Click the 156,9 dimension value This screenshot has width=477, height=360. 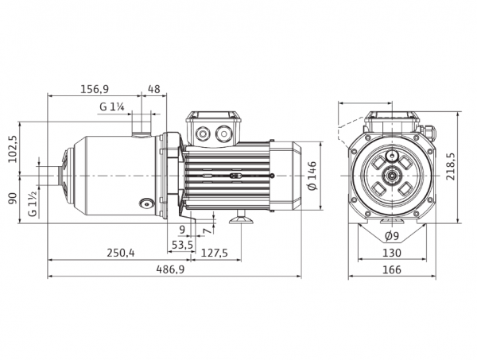pyautogui.click(x=95, y=89)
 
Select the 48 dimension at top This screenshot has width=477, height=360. pyautogui.click(x=153, y=89)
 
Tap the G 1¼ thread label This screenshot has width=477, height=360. pyautogui.click(x=112, y=106)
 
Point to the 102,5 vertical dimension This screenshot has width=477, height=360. pyautogui.click(x=13, y=149)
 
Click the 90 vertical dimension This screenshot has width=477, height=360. pyautogui.click(x=13, y=198)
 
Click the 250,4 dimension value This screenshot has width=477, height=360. pyautogui.click(x=121, y=253)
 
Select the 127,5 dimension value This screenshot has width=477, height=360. pyautogui.click(x=214, y=253)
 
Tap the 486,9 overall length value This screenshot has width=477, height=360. pyautogui.click(x=170, y=269)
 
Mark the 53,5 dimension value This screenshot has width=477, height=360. pyautogui.click(x=182, y=245)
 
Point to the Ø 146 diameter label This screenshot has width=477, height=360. pyautogui.click(x=312, y=176)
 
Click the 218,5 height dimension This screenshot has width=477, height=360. pyautogui.click(x=451, y=166)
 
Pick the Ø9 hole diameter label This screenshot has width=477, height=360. pyautogui.click(x=391, y=236)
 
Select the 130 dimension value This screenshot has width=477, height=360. pyautogui.click(x=392, y=253)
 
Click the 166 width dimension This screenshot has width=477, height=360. pyautogui.click(x=392, y=269)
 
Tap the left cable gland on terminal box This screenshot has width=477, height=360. pyautogui.click(x=202, y=134)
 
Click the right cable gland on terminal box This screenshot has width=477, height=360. pyautogui.click(x=223, y=134)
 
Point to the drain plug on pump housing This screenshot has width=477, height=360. pyautogui.click(x=145, y=203)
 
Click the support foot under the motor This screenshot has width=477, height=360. pyautogui.click(x=241, y=219)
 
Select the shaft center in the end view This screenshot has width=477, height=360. pyautogui.click(x=392, y=176)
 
